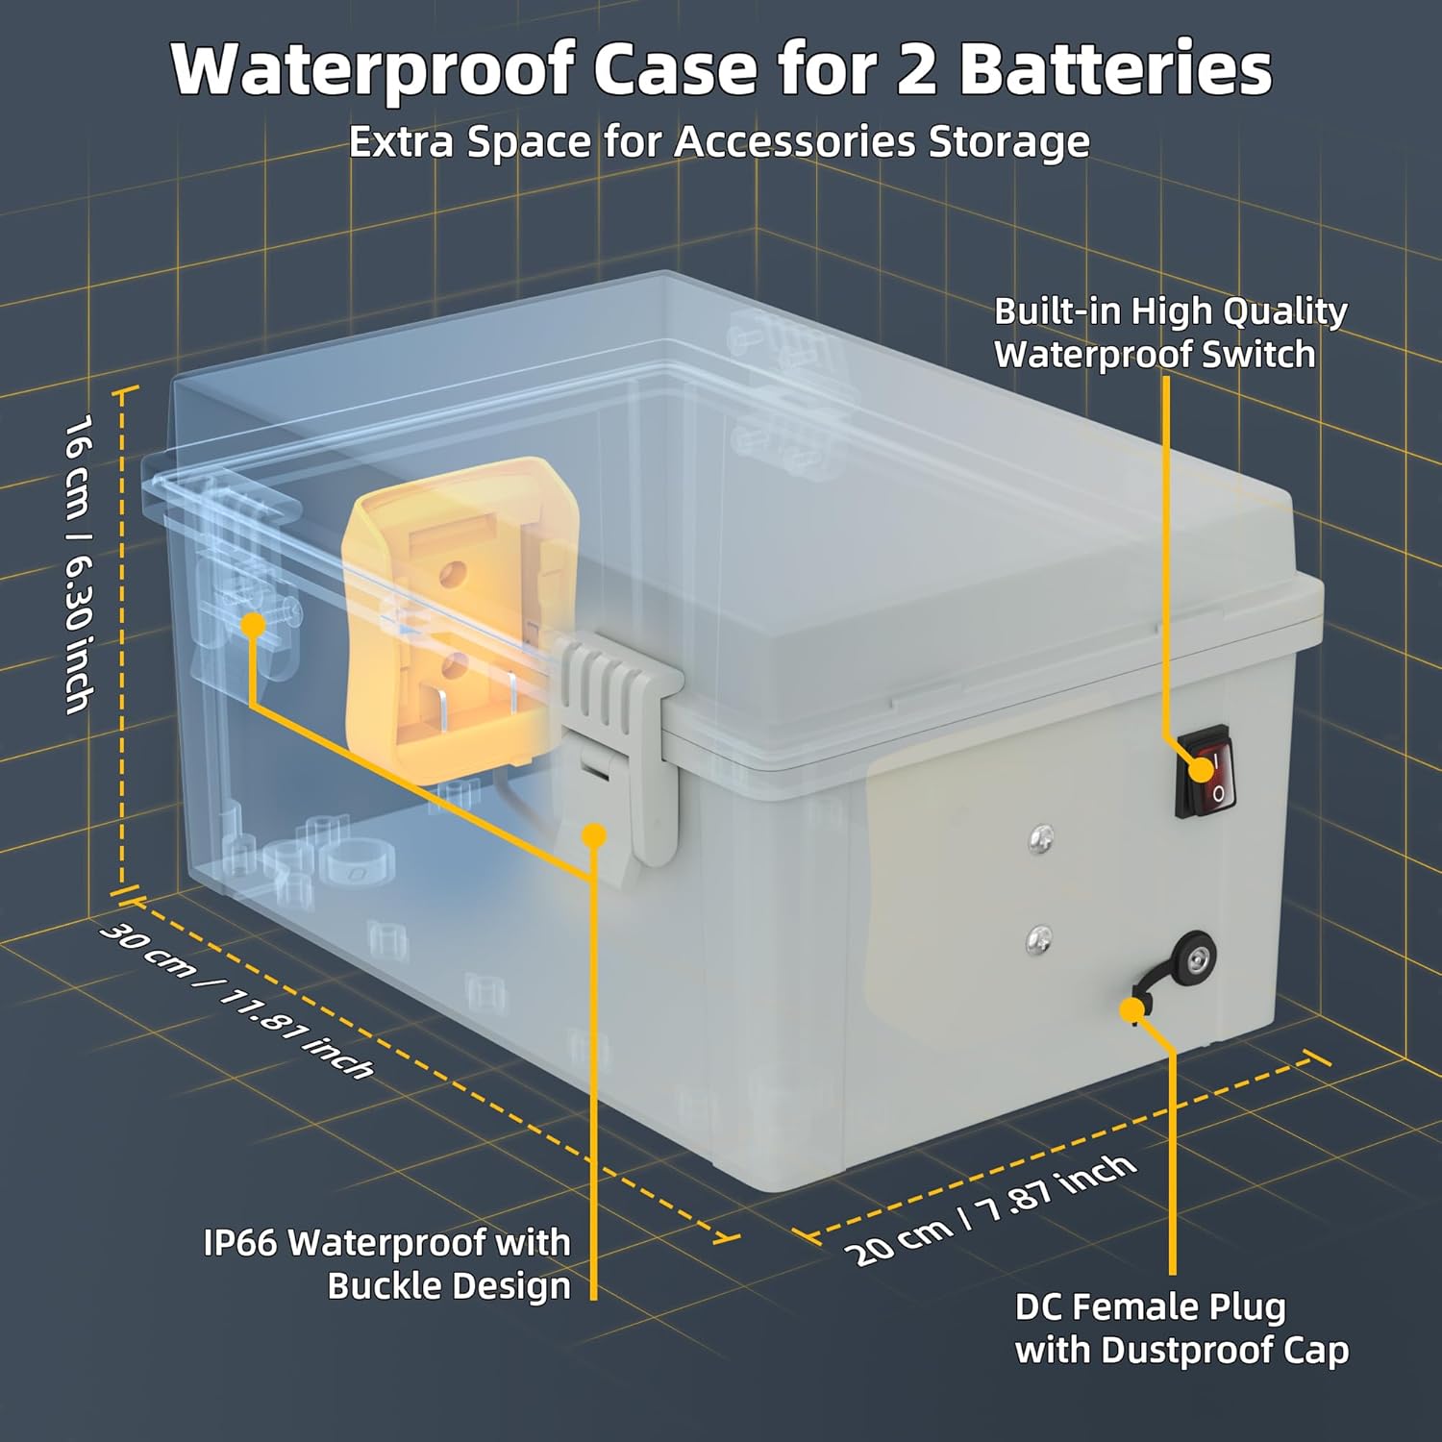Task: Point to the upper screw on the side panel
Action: click(1039, 839)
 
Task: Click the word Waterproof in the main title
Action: click(371, 70)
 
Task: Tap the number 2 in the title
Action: click(916, 70)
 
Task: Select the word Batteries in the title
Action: click(1115, 70)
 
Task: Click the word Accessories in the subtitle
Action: click(794, 142)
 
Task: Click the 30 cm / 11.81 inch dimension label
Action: click(236, 1000)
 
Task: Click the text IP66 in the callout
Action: click(239, 1243)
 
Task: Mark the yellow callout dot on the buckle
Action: click(595, 834)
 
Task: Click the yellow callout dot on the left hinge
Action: click(253, 625)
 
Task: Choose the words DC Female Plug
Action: click(1150, 1307)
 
